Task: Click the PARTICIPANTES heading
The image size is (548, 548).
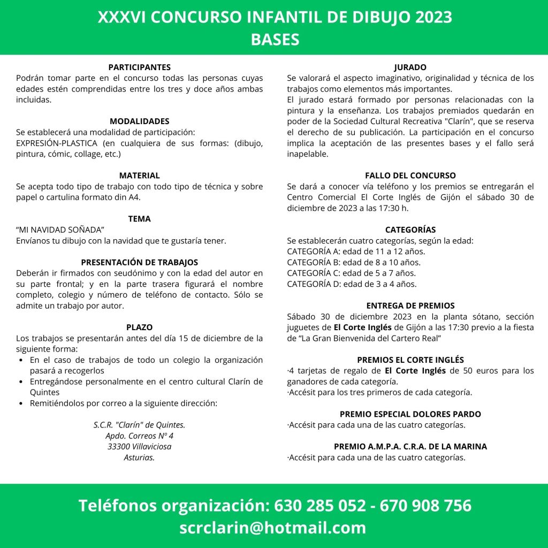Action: (x=139, y=67)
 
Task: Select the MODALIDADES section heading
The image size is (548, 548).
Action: (x=139, y=121)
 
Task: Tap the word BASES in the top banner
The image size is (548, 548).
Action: (x=275, y=39)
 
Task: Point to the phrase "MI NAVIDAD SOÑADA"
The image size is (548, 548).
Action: (x=60, y=230)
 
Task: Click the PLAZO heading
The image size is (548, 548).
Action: (x=139, y=327)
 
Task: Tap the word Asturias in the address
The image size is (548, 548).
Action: (x=139, y=457)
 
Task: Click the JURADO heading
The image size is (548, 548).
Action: (x=410, y=67)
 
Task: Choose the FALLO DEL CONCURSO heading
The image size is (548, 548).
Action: (x=410, y=176)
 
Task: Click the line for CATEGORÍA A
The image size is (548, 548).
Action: (x=356, y=252)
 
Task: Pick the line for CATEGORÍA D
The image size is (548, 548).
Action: (x=352, y=284)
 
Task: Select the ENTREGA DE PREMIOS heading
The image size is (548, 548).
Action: (x=410, y=306)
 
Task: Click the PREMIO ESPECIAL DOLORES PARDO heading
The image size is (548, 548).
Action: (x=410, y=414)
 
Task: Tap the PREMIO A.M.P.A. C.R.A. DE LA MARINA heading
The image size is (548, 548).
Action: (x=410, y=446)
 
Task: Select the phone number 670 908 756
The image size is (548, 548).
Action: (x=425, y=505)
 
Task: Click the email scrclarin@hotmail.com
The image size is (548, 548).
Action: (x=273, y=528)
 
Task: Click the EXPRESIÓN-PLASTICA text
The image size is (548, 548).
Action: (x=57, y=143)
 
